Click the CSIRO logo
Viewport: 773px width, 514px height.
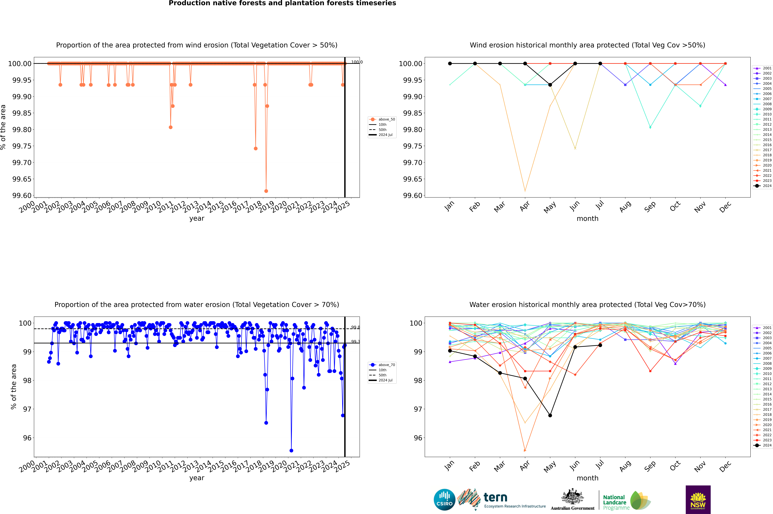[444, 500]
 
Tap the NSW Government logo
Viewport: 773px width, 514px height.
[698, 500]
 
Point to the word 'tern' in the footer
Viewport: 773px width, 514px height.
[495, 498]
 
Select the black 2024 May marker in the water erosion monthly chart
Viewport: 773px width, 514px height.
[550, 415]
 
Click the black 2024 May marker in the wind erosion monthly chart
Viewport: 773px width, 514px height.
[550, 85]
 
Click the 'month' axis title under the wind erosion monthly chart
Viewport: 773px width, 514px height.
[588, 219]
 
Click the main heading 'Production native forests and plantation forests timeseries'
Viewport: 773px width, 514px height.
[282, 3]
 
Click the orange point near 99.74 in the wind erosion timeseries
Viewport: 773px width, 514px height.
[256, 148]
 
